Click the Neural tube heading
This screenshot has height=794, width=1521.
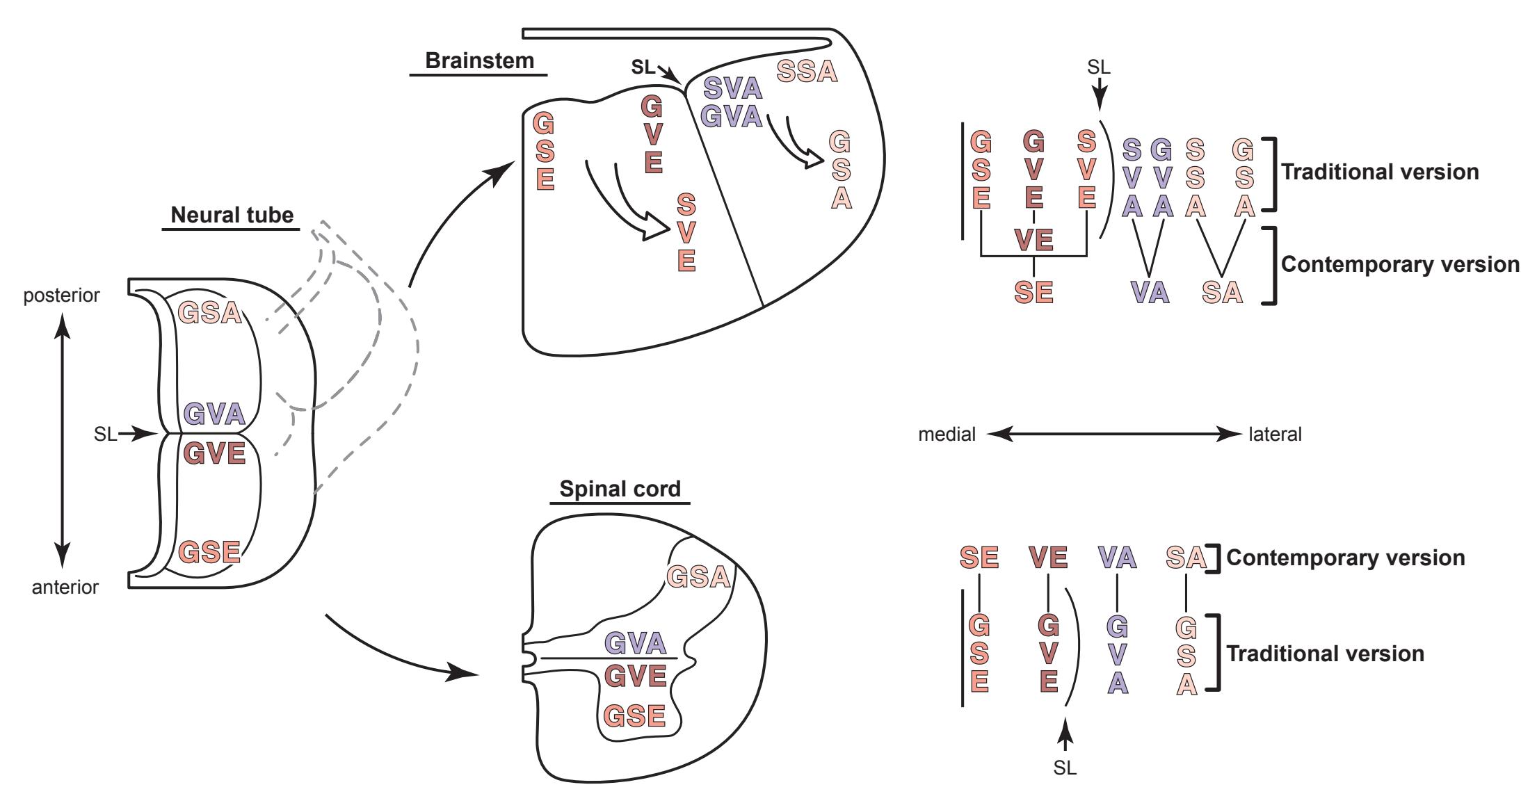click(232, 215)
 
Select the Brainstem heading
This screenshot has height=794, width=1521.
click(479, 60)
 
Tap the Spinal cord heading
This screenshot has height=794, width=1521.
click(620, 489)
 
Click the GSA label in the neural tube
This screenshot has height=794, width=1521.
click(209, 313)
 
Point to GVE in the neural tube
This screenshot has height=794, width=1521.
click(214, 453)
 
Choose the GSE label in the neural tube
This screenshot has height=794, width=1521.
click(209, 553)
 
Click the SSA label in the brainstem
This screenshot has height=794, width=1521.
click(807, 72)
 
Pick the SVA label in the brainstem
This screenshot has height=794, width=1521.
click(733, 88)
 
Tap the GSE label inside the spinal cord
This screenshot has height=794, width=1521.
click(634, 715)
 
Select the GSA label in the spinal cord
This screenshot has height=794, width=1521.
click(699, 576)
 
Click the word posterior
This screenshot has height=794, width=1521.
click(61, 295)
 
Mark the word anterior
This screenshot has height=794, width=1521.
click(65, 588)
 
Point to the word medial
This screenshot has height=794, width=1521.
click(947, 435)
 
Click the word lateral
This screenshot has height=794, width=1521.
click(1275, 435)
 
